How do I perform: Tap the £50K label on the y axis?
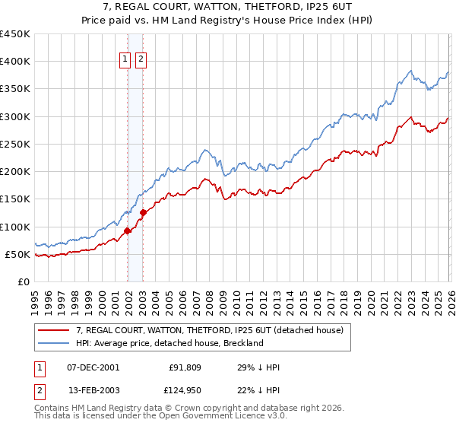pyautogui.click(x=18, y=254)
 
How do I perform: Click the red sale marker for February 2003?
pyautogui.click(x=143, y=213)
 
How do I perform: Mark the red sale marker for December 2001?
pyautogui.click(x=127, y=231)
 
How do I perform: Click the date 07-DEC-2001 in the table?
pyautogui.click(x=93, y=367)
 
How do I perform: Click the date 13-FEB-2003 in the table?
pyautogui.click(x=93, y=391)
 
